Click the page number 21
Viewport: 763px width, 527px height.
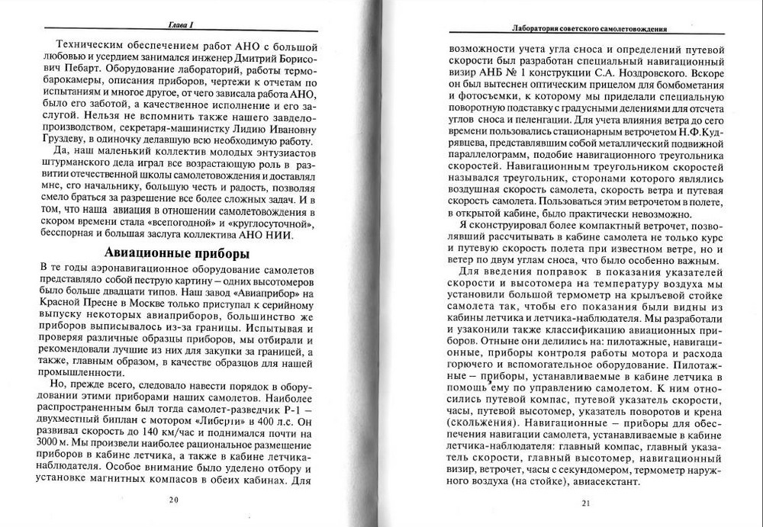(x=586, y=503)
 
